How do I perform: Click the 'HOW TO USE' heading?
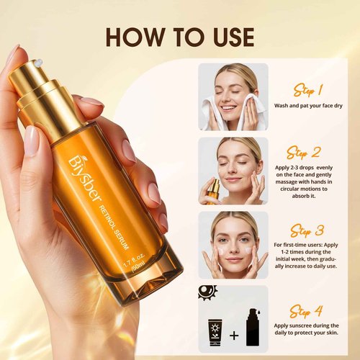point(179,37)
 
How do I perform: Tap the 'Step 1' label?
point(307,90)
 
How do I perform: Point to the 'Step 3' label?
point(307,230)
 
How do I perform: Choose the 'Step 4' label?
point(307,311)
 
